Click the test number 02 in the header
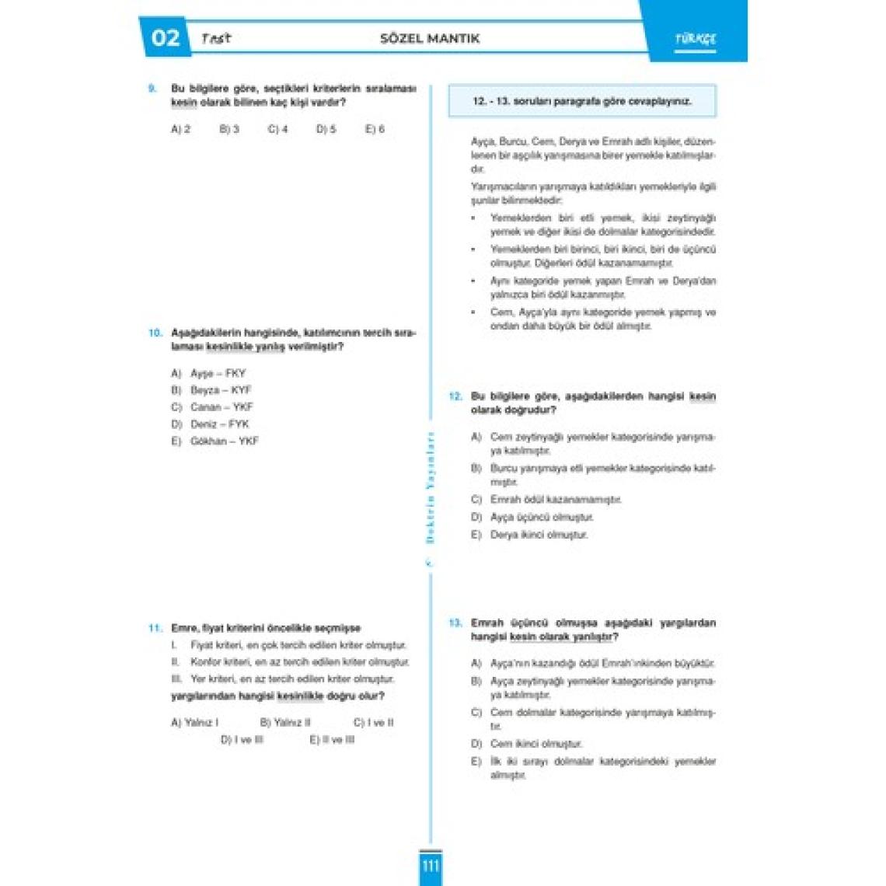(165, 38)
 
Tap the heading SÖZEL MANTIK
(430, 38)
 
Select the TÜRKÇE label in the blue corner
(695, 39)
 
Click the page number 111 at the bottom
(430, 866)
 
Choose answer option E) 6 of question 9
(375, 129)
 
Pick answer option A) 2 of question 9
(180, 129)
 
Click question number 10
(155, 333)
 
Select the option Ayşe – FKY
(218, 373)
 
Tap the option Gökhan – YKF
(224, 441)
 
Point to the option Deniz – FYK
(219, 424)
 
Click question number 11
(155, 628)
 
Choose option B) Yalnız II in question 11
(284, 723)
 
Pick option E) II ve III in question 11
(332, 740)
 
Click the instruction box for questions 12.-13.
(582, 101)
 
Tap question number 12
(455, 396)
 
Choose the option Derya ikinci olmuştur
(539, 535)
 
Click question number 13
(455, 623)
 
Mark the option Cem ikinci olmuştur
(535, 744)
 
